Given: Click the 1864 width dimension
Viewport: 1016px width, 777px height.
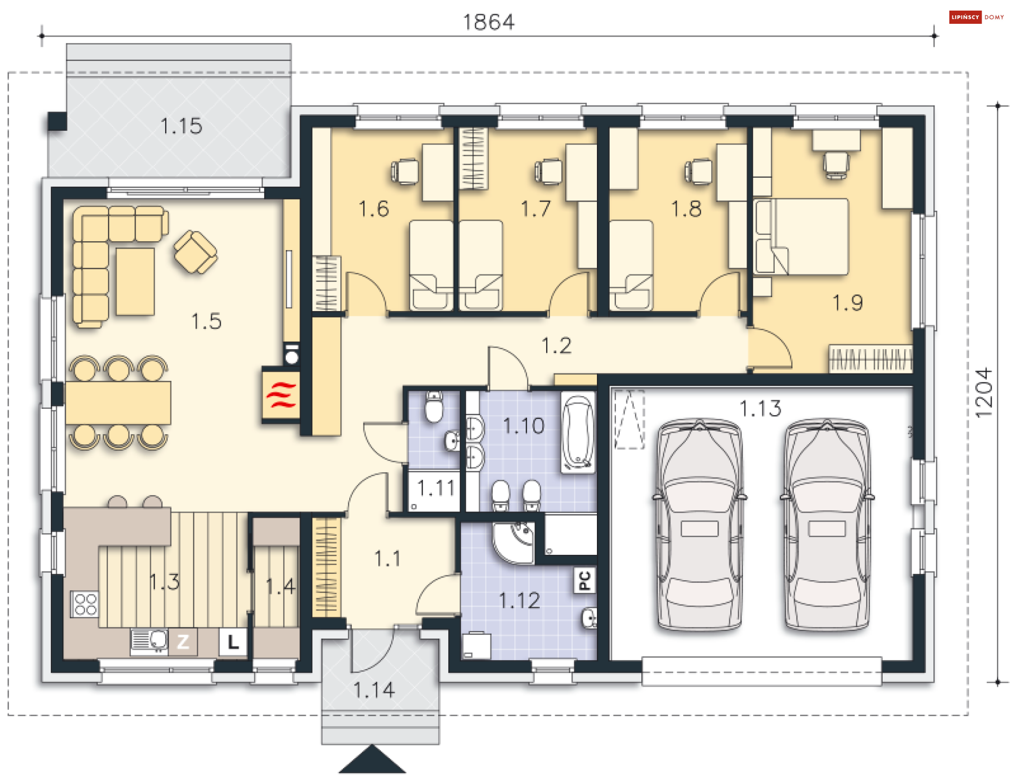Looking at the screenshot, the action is (488, 22).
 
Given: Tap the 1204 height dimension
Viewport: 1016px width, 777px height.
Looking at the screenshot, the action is (984, 393).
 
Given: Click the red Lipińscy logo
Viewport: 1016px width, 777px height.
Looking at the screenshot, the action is (965, 17).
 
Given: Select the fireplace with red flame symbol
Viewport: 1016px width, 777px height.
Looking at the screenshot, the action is (281, 396).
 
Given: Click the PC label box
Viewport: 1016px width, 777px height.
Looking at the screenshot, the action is (585, 580).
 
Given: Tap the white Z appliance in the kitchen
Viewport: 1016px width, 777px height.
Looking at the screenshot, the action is (183, 642).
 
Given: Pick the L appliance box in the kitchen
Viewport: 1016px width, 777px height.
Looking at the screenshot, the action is (233, 642).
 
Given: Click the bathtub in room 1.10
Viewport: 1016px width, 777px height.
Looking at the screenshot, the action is (578, 433).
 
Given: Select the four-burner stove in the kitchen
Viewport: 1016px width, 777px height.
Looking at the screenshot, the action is (85, 604).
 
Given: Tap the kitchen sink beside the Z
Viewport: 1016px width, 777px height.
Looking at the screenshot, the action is (149, 641).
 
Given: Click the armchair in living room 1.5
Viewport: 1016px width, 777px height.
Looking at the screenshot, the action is (195, 252).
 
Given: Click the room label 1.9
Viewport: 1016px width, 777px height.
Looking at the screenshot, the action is (848, 303).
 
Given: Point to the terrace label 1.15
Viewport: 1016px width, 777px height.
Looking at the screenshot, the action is (181, 126).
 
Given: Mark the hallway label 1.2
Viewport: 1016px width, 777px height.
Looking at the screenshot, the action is (556, 346).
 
